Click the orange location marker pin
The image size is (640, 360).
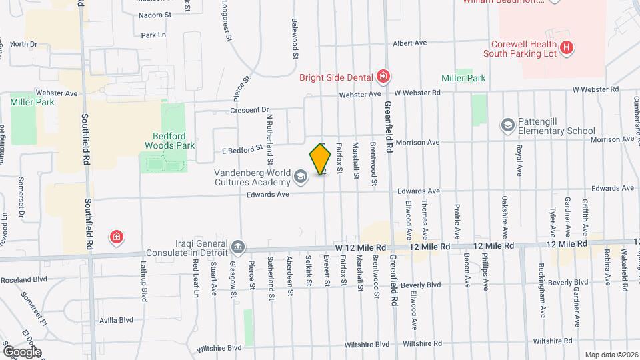[x=321, y=159]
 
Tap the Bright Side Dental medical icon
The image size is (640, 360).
[x=383, y=77]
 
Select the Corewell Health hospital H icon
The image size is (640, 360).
[x=566, y=47]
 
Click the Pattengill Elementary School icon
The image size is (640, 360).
[x=507, y=125]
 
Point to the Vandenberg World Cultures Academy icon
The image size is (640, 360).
[x=300, y=177]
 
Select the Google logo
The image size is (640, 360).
[x=22, y=351]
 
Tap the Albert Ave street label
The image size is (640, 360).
[x=409, y=43]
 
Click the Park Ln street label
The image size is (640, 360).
[x=153, y=34]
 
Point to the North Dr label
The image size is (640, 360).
[x=23, y=44]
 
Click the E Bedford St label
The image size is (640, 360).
[x=243, y=149]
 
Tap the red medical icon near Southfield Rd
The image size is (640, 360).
[x=117, y=237]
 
